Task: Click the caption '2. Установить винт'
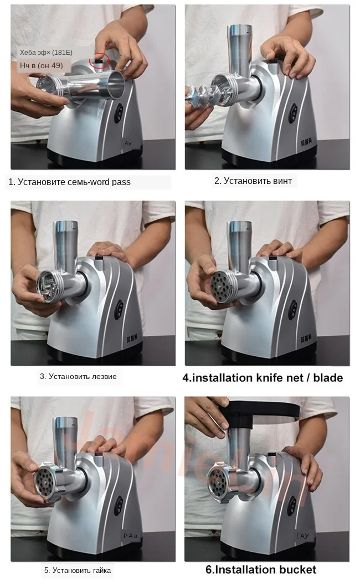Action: (253, 181)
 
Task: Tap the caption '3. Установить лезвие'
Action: (78, 376)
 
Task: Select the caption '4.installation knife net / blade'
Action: (263, 378)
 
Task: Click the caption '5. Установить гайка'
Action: (78, 570)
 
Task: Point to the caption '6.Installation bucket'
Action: (261, 570)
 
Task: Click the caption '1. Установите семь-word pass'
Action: (69, 182)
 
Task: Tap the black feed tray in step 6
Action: (260, 409)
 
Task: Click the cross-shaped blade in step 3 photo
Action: (48, 286)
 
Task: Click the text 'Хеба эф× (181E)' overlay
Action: (46, 53)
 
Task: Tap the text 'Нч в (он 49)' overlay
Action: (42, 65)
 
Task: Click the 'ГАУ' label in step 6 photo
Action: (302, 536)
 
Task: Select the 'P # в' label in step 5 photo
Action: (129, 536)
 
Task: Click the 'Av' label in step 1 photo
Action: (127, 143)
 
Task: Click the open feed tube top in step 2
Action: (236, 29)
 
